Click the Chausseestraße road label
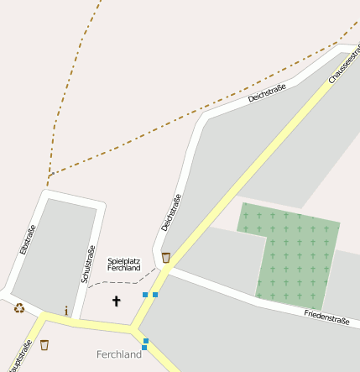coord(343,60)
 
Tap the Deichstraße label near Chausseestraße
coord(267,93)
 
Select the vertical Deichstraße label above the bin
coord(170,212)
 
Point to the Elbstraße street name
coord(27,240)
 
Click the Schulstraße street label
coord(87,263)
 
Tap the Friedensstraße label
coord(326,317)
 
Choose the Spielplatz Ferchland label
coord(123,265)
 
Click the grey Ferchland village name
coord(119,354)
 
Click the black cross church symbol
coord(117,300)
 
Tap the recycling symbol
coord(18,307)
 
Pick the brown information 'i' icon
coord(66,311)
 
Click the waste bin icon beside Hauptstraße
coord(44,344)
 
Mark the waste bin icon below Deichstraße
coord(166,258)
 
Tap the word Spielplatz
coord(123,260)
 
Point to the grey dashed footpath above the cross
coord(117,282)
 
